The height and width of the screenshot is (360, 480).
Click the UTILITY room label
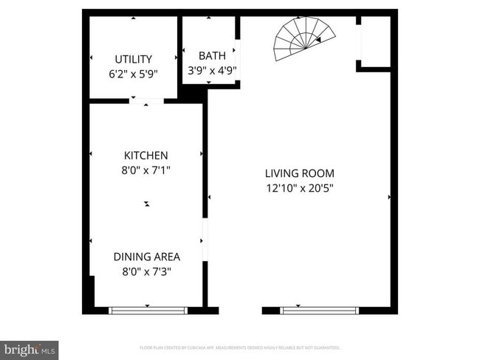(x=133, y=59)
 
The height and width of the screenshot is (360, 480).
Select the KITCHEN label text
(x=145, y=156)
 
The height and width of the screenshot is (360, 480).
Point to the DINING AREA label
(x=146, y=257)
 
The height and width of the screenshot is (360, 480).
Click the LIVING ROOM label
(x=299, y=173)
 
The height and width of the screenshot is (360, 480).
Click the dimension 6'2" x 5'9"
(x=133, y=74)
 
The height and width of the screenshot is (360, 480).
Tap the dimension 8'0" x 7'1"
(x=145, y=170)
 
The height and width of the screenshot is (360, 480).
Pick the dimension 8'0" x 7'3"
(x=146, y=271)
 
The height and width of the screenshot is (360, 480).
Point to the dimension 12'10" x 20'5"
(x=299, y=188)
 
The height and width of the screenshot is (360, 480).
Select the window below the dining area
(x=148, y=311)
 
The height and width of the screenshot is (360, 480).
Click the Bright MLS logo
(x=30, y=348)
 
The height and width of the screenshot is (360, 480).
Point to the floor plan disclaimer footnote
(x=240, y=347)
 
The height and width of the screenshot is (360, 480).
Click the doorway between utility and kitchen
(x=145, y=100)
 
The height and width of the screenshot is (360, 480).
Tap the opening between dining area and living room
(x=205, y=240)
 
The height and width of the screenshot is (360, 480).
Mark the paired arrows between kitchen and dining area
(x=146, y=204)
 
